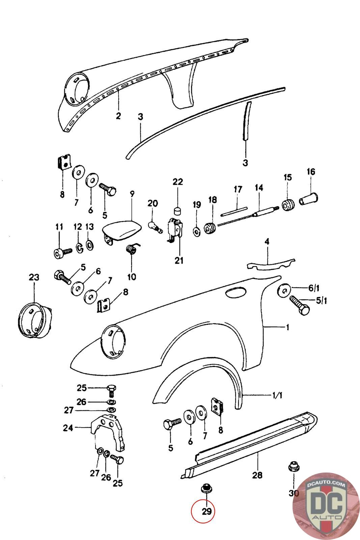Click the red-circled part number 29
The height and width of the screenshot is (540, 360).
point(206,511)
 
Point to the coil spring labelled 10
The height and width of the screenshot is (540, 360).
point(131,251)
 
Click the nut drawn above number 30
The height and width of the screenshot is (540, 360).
point(293,468)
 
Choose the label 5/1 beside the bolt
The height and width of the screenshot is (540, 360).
point(321,300)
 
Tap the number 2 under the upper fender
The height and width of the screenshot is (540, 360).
point(118,116)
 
